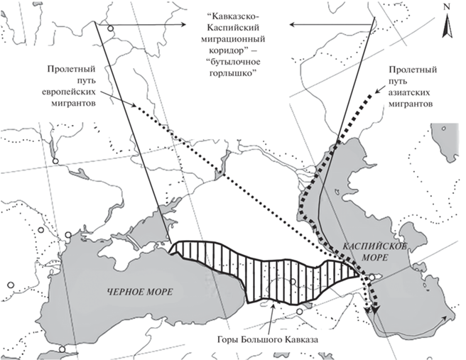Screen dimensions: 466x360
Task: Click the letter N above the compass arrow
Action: pyautogui.click(x=446, y=7)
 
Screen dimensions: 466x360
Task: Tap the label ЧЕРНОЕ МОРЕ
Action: pyautogui.click(x=140, y=292)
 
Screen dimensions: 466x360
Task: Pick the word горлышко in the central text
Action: pyautogui.click(x=231, y=73)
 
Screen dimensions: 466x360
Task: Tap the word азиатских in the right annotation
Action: pyautogui.click(x=410, y=93)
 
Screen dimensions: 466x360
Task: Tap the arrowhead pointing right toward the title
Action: pyautogui.click(x=183, y=25)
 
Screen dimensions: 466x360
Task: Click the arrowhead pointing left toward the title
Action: pyautogui.click(x=293, y=25)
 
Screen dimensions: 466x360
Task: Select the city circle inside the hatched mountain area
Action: pyautogui.click(x=293, y=282)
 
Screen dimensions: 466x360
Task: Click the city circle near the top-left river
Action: pyautogui.click(x=110, y=29)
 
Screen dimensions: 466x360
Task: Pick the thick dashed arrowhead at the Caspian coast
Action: pyautogui.click(x=376, y=309)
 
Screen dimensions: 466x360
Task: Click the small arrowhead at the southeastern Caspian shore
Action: pyautogui.click(x=445, y=318)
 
